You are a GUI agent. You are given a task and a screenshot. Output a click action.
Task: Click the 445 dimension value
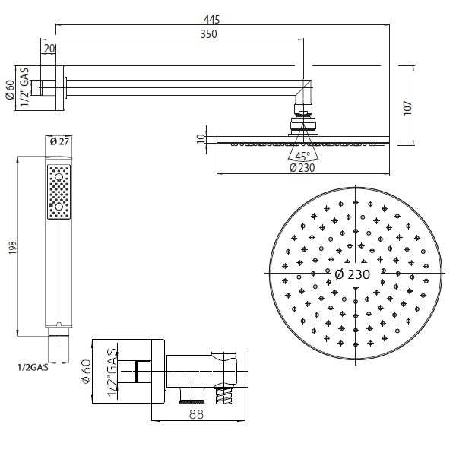coord(212,20)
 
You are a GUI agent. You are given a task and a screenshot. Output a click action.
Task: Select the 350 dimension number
coord(208,34)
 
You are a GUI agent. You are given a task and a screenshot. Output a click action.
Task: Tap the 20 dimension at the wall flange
coord(49,49)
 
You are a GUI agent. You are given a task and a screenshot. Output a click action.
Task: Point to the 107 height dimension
coord(407,108)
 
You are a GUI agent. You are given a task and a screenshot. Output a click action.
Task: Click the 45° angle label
coord(302,156)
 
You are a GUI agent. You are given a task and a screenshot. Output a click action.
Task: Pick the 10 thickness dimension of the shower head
coord(201,139)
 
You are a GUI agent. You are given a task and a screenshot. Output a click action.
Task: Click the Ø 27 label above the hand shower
coord(59,141)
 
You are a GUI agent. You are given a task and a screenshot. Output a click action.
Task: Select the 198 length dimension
coord(13,248)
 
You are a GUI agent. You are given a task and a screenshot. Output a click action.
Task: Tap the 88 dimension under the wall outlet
coord(196,414)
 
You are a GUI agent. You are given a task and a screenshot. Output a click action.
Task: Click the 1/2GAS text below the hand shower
coord(33,367)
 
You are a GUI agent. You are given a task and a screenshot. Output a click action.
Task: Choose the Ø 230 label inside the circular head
coord(352,274)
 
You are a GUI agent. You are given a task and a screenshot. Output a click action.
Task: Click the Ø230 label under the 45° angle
coord(302,168)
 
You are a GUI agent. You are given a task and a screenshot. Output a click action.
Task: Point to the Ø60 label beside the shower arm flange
coord(10,89)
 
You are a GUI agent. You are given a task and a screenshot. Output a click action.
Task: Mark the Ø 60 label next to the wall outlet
coord(87,372)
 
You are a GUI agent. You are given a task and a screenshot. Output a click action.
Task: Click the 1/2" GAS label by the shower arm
coord(25,87)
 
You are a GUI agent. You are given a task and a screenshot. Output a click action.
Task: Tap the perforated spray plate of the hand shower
coord(59,192)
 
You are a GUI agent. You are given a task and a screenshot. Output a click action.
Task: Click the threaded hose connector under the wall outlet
coord(223,394)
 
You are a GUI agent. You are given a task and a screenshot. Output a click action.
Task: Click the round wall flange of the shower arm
coord(60,88)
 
